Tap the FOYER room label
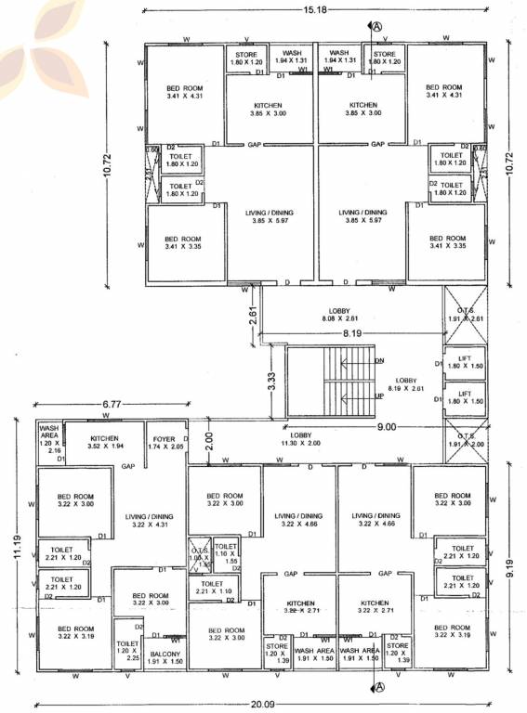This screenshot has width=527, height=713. pyautogui.click(x=165, y=442)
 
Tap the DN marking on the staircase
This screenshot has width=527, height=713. pyautogui.click(x=378, y=361)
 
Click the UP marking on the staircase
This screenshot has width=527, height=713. pyautogui.click(x=378, y=396)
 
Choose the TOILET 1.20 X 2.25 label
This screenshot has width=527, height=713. pyautogui.click(x=127, y=650)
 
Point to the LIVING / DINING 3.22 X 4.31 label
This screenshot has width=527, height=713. pyautogui.click(x=148, y=520)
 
